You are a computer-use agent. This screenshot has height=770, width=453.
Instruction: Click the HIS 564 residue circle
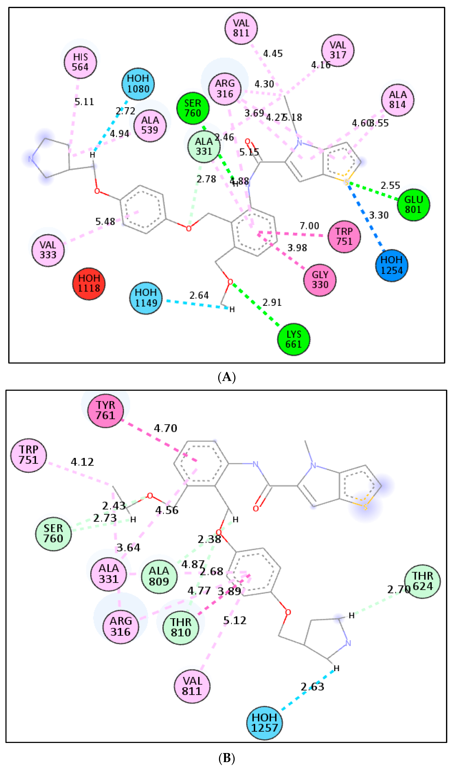click(x=80, y=62)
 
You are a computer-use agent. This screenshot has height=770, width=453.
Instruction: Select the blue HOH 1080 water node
click(x=138, y=84)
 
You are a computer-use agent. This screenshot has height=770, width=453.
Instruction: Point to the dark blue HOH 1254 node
click(x=392, y=265)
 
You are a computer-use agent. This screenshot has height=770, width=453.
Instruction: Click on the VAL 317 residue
click(x=338, y=50)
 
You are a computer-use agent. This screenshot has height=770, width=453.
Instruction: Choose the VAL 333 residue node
click(x=48, y=250)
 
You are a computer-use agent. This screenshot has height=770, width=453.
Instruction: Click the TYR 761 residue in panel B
click(x=106, y=410)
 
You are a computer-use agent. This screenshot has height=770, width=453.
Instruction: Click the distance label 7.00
click(x=309, y=226)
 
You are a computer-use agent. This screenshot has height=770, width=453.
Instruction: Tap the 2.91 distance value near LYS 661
click(x=272, y=302)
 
